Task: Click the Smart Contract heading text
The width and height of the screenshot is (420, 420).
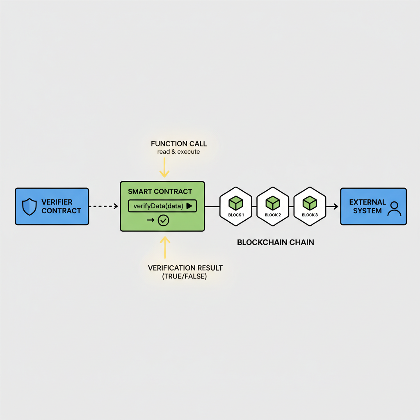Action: coord(160,192)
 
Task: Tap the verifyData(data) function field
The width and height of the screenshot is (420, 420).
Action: coord(158,206)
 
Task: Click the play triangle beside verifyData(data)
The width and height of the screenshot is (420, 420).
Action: coord(189,206)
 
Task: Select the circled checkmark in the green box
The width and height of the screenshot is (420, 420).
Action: coord(163,221)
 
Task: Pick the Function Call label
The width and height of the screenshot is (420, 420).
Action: coord(179,144)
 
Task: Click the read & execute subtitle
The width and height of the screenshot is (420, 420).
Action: coord(178,152)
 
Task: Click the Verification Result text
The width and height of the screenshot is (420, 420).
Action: coord(185,268)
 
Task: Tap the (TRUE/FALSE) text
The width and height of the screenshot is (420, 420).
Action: coord(185,276)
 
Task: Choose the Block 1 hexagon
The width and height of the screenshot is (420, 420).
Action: coord(236,206)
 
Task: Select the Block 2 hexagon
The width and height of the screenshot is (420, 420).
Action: coord(273,206)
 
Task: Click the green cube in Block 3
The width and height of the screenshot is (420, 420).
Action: coord(310,202)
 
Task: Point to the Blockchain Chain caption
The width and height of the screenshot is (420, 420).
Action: coord(276,242)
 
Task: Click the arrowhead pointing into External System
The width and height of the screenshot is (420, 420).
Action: coord(336,206)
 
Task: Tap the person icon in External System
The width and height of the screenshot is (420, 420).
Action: coord(395,208)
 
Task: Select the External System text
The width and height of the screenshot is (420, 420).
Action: coord(367,206)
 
